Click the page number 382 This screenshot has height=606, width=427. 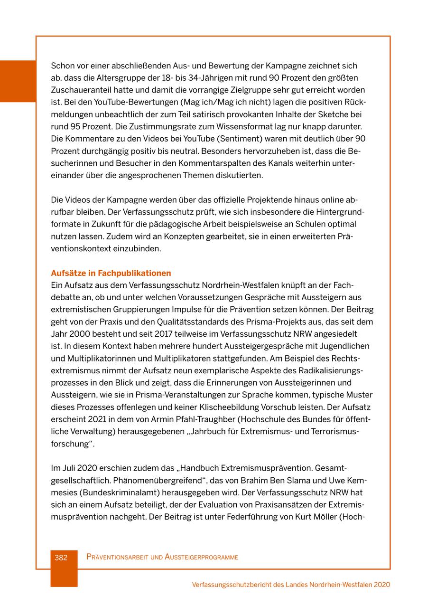(61, 557)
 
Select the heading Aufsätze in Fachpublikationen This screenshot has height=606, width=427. (111, 273)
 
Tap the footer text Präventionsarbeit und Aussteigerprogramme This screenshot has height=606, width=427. (162, 557)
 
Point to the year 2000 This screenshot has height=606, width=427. (80, 334)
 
